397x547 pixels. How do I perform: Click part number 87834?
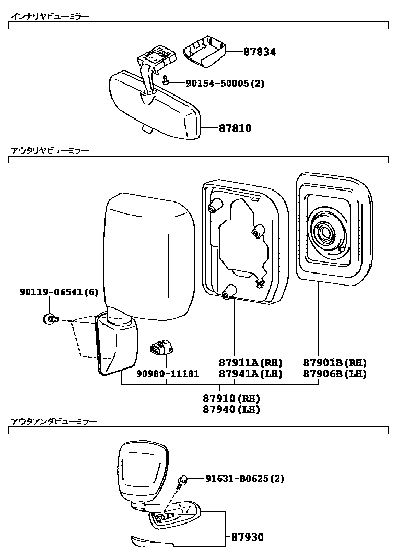pos(259,52)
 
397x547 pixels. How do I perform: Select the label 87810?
pos(227,128)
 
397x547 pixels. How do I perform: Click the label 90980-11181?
pos(168,374)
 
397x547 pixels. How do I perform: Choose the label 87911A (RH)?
pos(250,363)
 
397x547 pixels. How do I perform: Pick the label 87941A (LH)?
pos(250,374)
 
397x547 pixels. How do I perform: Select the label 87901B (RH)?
pos(335,363)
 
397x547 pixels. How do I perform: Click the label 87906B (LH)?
pos(335,374)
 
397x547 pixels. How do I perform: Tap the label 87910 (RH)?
pos(231,398)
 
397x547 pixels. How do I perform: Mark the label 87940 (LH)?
pos(231,409)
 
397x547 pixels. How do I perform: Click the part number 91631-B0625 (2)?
pos(244,478)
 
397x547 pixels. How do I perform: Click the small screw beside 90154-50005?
pos(166,80)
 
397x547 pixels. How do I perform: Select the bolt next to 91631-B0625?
pos(183,481)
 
